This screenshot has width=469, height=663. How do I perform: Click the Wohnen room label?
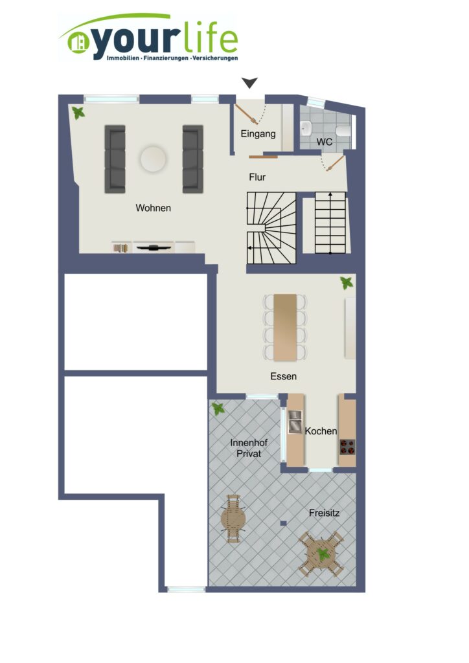point(153,208)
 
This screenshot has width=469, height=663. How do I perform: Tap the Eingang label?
point(258,134)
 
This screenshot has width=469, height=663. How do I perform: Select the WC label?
point(325,142)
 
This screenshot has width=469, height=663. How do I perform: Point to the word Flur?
point(257,177)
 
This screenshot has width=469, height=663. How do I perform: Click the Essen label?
point(283,376)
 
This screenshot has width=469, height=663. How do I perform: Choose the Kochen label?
point(321,431)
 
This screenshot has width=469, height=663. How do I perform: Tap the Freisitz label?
point(324,513)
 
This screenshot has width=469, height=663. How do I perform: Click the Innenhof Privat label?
point(249,448)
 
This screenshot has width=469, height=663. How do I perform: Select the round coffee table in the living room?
point(153,159)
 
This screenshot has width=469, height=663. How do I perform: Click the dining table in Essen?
point(285,328)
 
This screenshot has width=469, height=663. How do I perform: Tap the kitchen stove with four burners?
point(347,447)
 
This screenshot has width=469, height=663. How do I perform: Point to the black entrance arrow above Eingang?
point(249,83)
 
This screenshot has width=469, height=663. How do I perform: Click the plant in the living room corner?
point(78,113)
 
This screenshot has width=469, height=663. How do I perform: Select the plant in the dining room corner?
point(347,283)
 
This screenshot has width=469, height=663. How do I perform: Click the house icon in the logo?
point(77,42)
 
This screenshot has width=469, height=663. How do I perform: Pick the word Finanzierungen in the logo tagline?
point(166,58)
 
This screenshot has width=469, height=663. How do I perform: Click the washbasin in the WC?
point(305,126)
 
